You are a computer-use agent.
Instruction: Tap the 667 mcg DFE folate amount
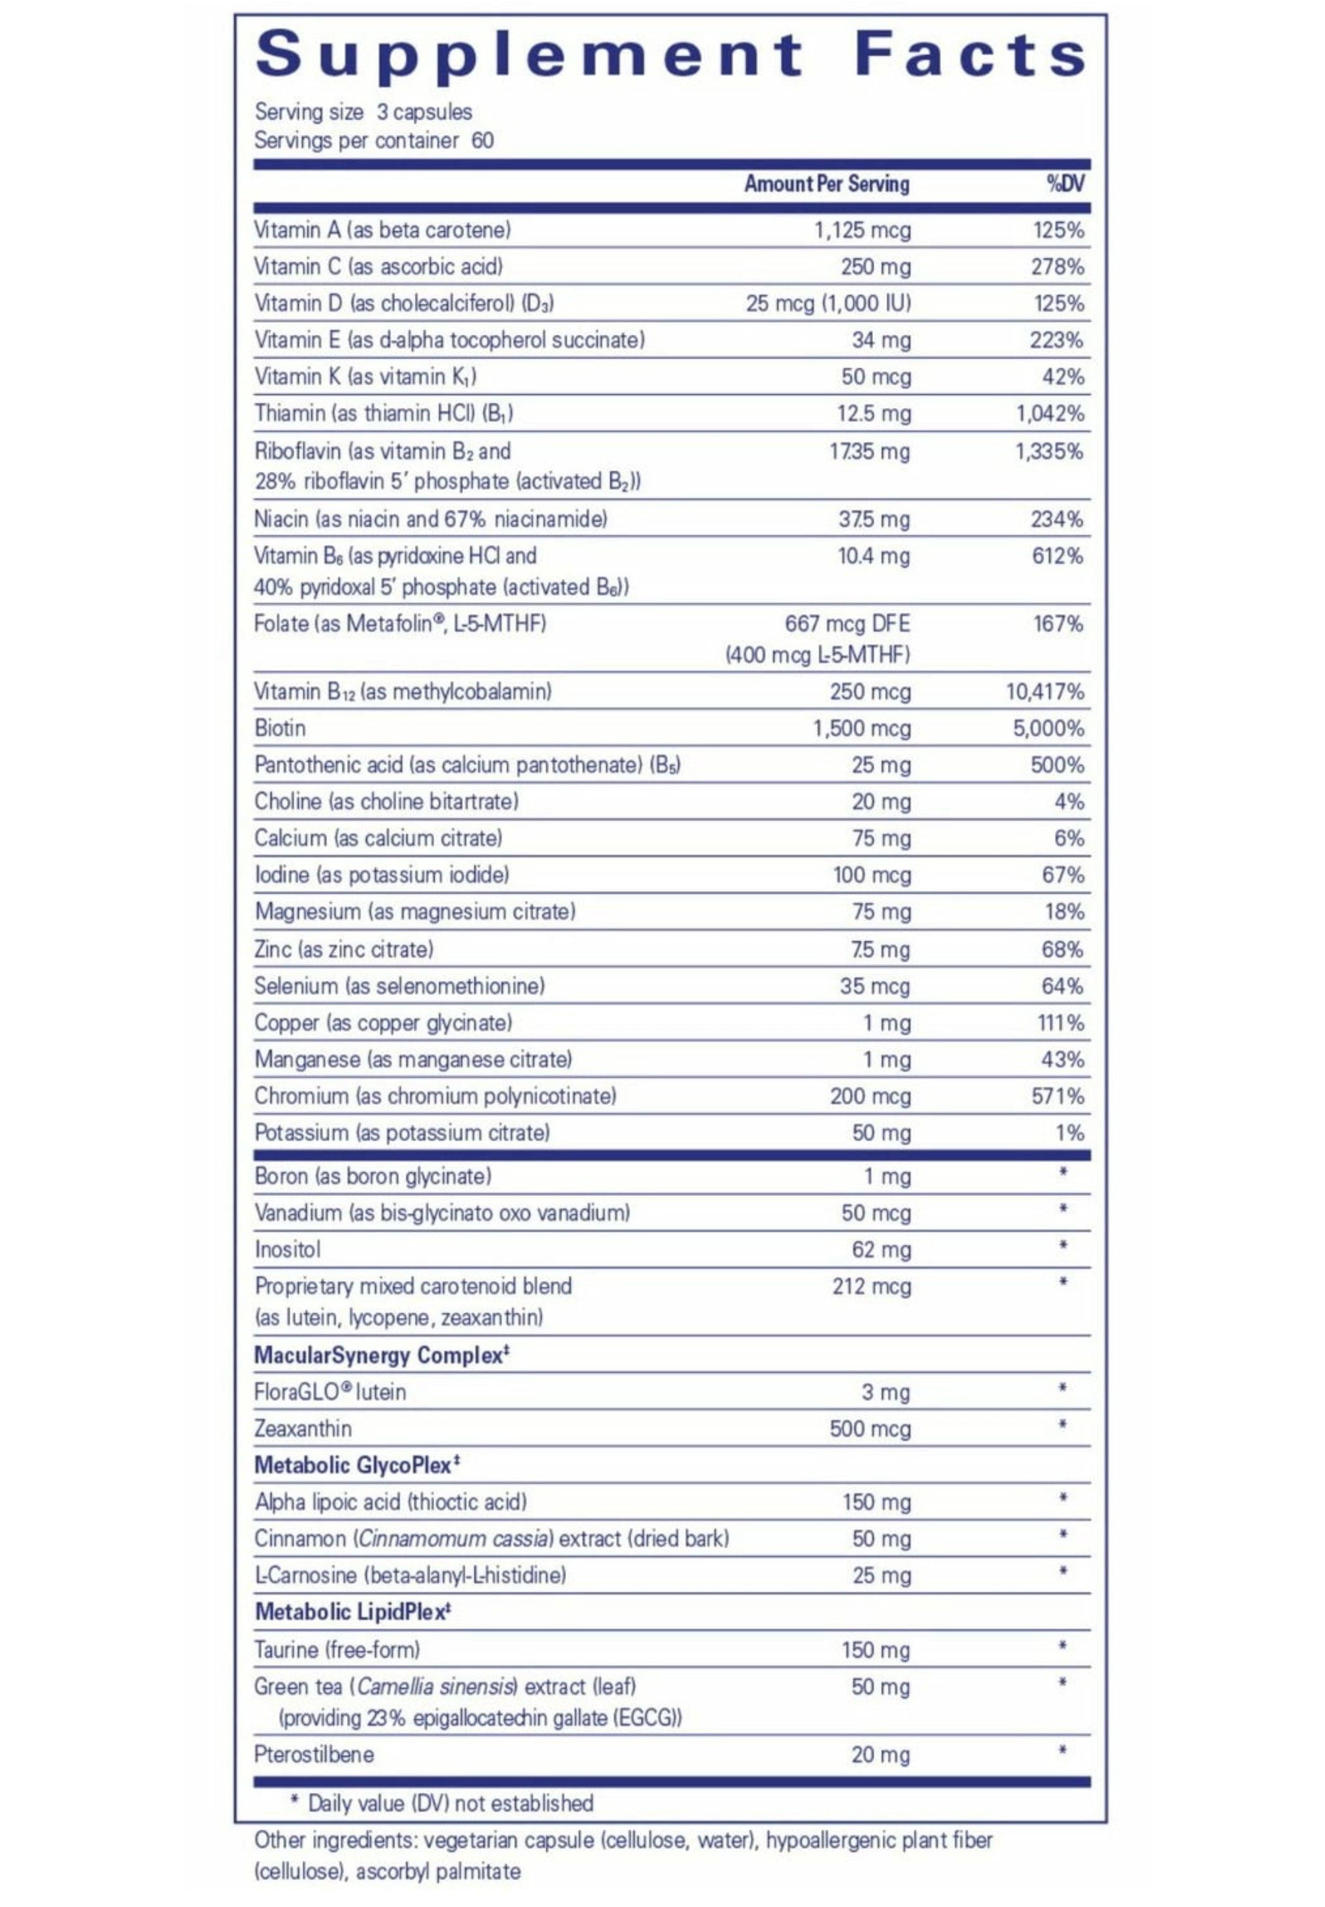847,623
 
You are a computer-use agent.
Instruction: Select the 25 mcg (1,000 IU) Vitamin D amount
828,303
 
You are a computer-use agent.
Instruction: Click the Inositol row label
287,1249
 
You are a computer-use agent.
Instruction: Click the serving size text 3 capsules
424,111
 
